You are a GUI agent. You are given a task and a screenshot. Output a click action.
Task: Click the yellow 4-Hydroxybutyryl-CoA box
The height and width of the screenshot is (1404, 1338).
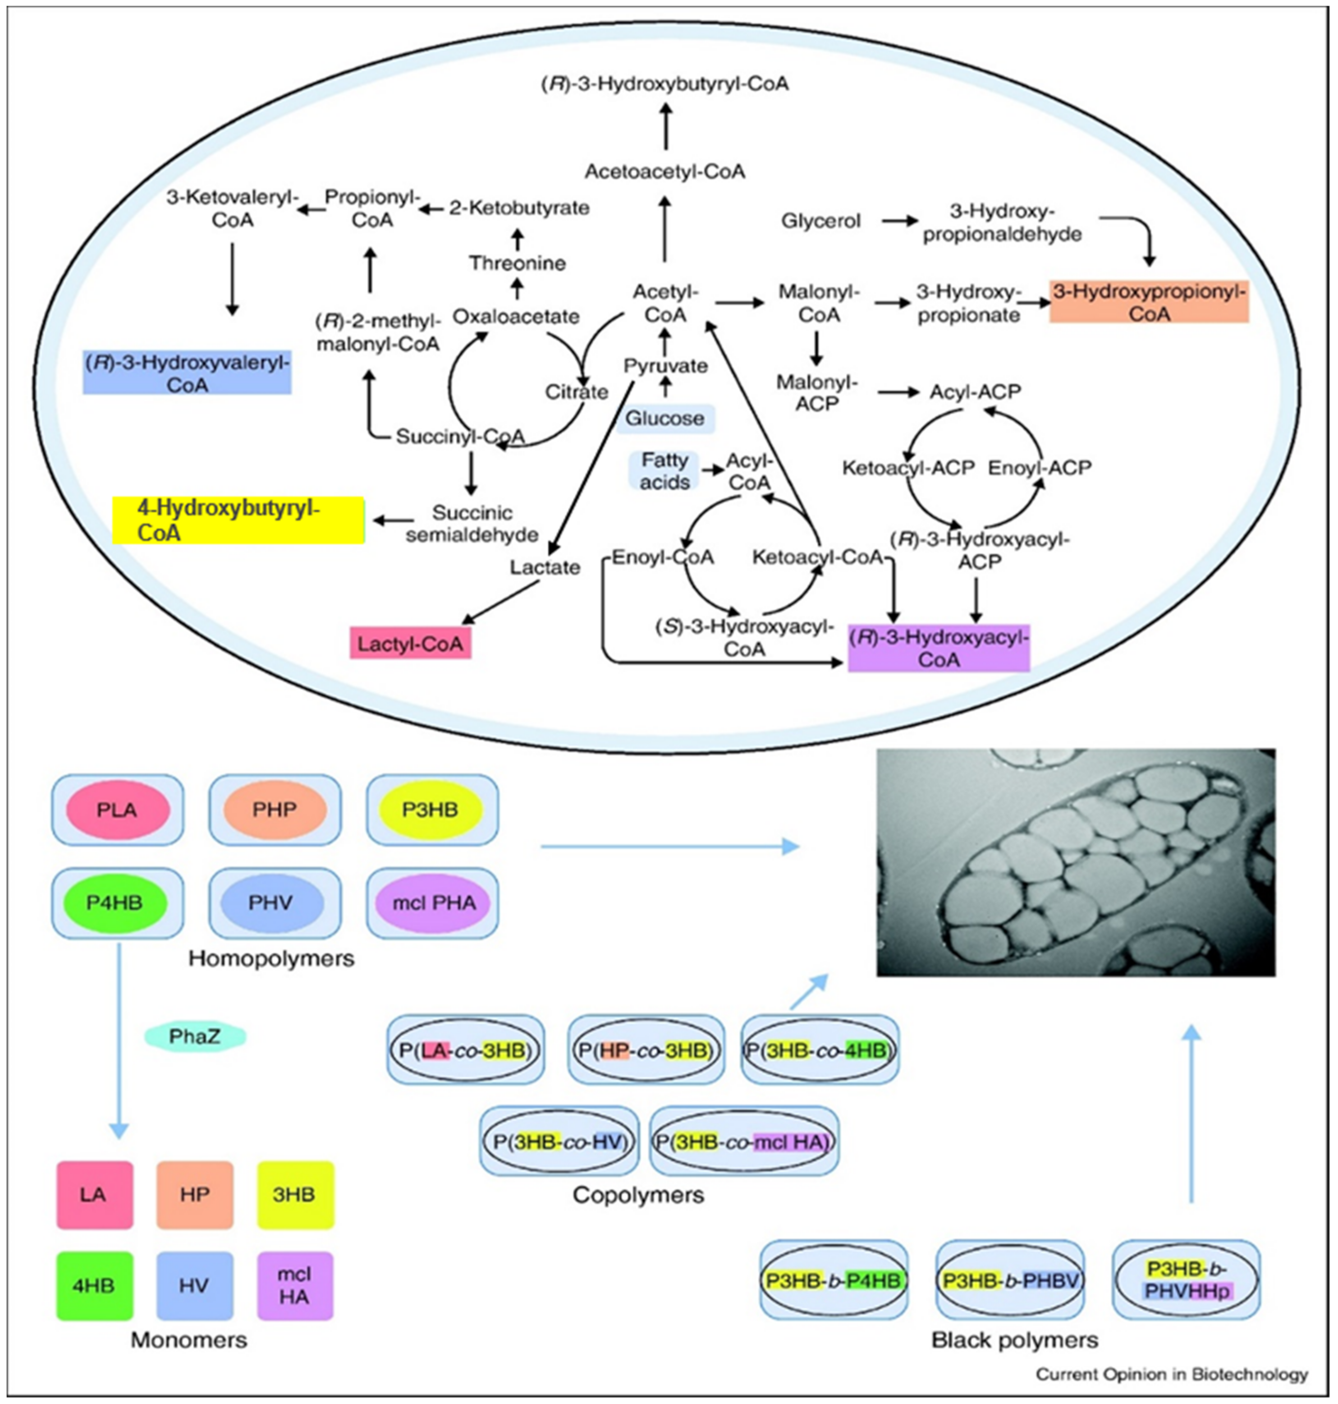(x=238, y=520)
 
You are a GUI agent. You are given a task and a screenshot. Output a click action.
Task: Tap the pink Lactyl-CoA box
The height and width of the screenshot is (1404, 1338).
(x=410, y=642)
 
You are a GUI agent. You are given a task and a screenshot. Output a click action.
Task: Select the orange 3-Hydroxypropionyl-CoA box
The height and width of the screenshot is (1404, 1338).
(x=1149, y=303)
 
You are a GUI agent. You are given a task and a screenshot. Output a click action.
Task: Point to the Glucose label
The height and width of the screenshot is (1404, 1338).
(x=665, y=418)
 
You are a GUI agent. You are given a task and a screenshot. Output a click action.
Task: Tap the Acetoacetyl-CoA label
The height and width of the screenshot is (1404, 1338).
(x=665, y=172)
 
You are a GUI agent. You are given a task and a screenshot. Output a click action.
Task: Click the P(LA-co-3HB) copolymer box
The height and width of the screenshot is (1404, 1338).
(x=466, y=1050)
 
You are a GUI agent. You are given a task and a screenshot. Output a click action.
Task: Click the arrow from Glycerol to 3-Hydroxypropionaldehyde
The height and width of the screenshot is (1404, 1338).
(x=900, y=221)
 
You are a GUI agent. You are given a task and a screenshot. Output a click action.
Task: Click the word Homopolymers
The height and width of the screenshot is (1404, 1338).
(x=271, y=958)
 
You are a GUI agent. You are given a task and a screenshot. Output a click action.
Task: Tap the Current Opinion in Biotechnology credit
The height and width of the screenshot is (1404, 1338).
(x=1172, y=1374)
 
